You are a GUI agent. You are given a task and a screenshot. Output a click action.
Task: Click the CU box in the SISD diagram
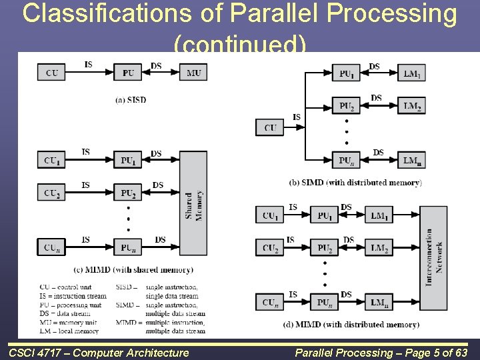click(x=51, y=73)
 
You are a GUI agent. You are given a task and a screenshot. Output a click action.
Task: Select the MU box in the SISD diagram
click(x=193, y=73)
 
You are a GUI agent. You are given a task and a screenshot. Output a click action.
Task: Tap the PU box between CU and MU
click(x=127, y=73)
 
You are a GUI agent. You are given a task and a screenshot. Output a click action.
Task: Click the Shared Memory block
click(x=193, y=203)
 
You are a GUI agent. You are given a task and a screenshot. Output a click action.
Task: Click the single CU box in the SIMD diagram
click(x=270, y=127)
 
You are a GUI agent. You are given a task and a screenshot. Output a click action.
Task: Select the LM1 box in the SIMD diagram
click(x=411, y=73)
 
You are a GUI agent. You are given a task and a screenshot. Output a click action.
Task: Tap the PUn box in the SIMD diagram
click(x=346, y=160)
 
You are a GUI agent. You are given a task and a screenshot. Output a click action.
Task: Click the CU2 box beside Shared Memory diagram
click(x=51, y=193)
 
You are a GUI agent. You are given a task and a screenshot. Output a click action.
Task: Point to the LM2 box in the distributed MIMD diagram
click(x=379, y=249)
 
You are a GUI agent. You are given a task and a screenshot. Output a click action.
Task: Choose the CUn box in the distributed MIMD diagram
click(x=270, y=302)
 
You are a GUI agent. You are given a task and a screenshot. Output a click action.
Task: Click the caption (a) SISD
click(x=131, y=100)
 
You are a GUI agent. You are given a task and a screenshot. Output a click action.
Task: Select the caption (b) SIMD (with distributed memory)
click(x=355, y=182)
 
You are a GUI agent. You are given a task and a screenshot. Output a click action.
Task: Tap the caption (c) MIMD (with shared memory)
click(x=133, y=269)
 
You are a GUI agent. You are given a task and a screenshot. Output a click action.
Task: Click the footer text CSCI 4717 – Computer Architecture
click(x=99, y=353)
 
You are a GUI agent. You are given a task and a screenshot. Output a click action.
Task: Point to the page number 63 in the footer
click(x=460, y=353)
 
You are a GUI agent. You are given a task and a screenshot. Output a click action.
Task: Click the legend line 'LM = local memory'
click(x=69, y=331)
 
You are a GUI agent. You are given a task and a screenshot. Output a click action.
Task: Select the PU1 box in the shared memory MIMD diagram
click(x=127, y=160)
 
